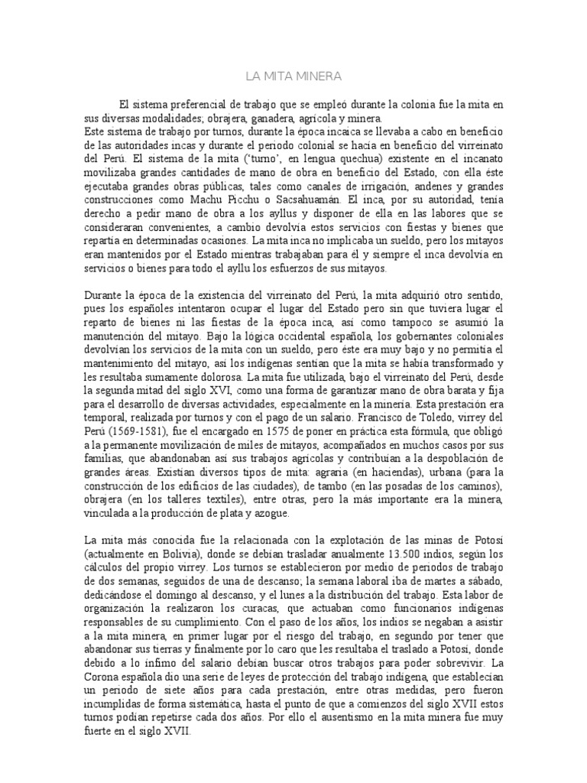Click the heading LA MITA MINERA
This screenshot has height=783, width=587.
tap(293, 76)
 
